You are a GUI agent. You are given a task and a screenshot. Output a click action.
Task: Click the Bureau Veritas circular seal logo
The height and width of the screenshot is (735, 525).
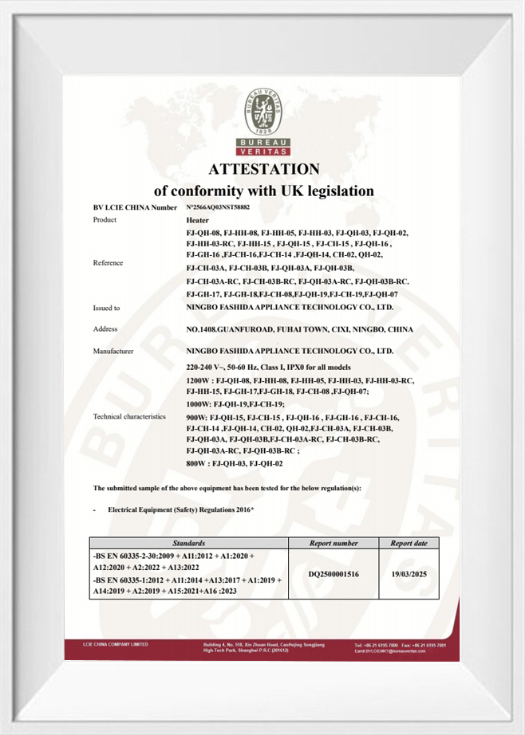[x=263, y=112]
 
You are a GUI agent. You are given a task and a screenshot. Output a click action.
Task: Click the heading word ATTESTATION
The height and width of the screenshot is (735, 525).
[x=263, y=169]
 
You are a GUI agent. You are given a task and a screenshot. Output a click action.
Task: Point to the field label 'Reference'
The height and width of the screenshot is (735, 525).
[x=109, y=262]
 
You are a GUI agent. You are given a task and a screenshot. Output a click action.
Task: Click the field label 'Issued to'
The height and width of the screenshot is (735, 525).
[x=107, y=307]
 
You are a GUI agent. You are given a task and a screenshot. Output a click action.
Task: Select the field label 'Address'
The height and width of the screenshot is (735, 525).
[x=105, y=328]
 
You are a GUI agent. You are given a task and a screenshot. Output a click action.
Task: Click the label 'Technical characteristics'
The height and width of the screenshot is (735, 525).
[x=129, y=416]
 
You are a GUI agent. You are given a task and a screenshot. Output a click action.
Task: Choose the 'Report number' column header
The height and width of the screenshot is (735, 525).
[x=333, y=542]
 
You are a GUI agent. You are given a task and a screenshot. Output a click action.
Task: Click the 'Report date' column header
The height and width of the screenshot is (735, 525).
[x=409, y=542]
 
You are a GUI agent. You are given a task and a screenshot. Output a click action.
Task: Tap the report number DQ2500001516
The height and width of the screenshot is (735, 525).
[x=333, y=573]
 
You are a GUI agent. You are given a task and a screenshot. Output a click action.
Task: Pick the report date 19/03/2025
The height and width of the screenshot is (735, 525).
[x=409, y=573]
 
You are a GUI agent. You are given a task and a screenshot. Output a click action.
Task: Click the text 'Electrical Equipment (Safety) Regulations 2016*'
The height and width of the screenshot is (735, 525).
[x=180, y=508]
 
